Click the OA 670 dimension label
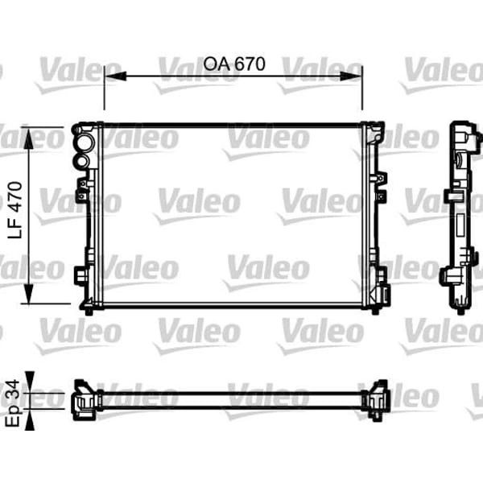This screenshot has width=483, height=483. [234, 64]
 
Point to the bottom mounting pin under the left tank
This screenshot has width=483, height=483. [88, 308]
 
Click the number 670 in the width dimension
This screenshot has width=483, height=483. [249, 64]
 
